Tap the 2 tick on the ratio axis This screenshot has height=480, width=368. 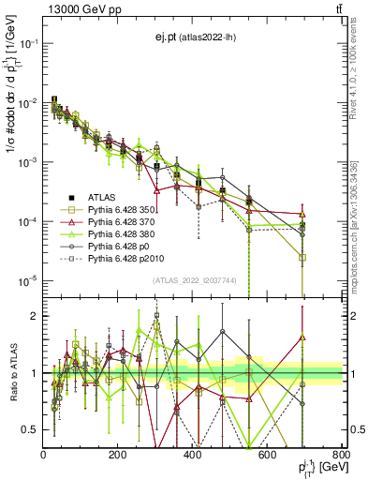tap(35, 316)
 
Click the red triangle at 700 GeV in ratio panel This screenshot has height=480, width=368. tap(302, 337)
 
